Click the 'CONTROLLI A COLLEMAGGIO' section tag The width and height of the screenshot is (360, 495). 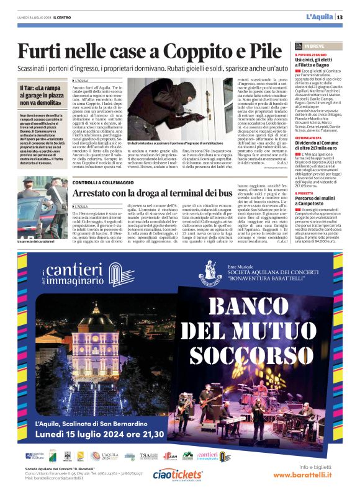click(x=101, y=182)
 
